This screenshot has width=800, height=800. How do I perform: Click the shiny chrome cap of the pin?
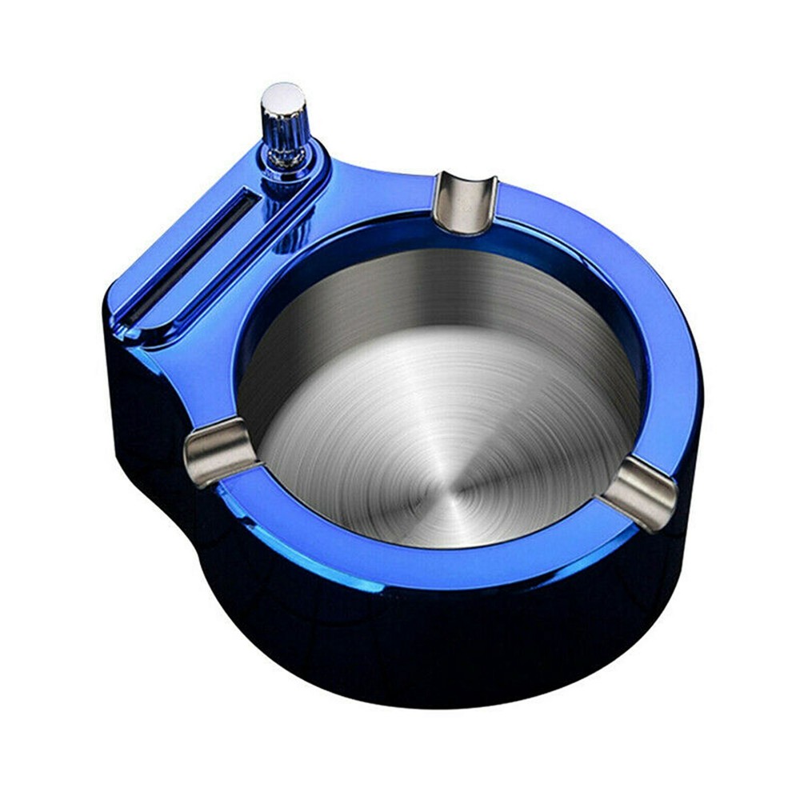tap(283, 97)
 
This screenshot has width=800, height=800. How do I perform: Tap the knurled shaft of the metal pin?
tap(285, 132)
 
